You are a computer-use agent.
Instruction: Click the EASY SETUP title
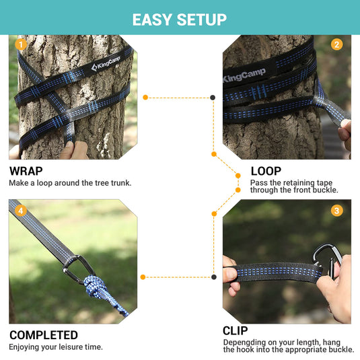(x=179, y=18)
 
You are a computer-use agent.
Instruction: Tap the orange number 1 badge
(x=20, y=45)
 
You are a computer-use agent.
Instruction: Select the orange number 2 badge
(x=336, y=45)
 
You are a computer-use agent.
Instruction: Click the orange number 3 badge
(x=336, y=211)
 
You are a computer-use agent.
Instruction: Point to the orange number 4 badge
(x=20, y=211)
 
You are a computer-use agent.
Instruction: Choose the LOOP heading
(x=266, y=171)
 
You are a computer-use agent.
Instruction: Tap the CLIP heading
(x=236, y=330)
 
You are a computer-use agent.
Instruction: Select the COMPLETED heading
(x=43, y=335)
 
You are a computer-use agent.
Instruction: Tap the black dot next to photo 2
(x=213, y=98)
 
